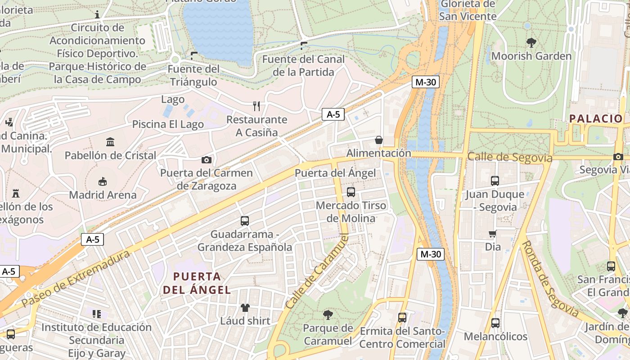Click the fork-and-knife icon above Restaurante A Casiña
(256, 106)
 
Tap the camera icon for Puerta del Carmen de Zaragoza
(206, 160)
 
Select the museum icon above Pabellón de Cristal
(110, 142)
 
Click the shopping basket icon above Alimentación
(379, 140)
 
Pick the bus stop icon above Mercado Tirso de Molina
(351, 192)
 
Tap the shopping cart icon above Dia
(493, 234)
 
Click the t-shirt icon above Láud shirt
(245, 308)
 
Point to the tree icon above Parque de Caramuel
(328, 315)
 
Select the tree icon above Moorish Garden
(531, 43)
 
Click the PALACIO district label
(596, 119)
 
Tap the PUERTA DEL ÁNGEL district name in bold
(197, 283)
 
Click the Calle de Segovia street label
(509, 157)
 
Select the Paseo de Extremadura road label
(76, 279)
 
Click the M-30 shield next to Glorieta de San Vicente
(425, 82)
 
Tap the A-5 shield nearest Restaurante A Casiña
(333, 114)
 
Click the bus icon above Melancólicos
(495, 323)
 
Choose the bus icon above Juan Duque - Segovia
(495, 181)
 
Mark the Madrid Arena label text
(103, 195)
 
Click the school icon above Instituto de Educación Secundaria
(96, 314)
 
